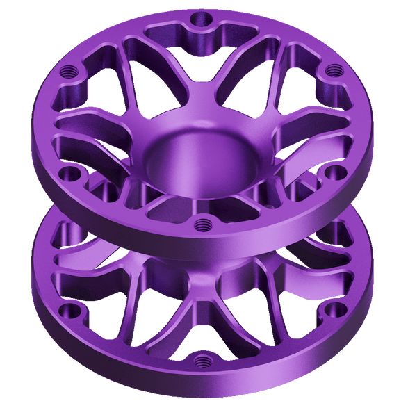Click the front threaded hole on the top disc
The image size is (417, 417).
tap(202, 224)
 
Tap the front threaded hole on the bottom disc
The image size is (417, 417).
tap(202, 359)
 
